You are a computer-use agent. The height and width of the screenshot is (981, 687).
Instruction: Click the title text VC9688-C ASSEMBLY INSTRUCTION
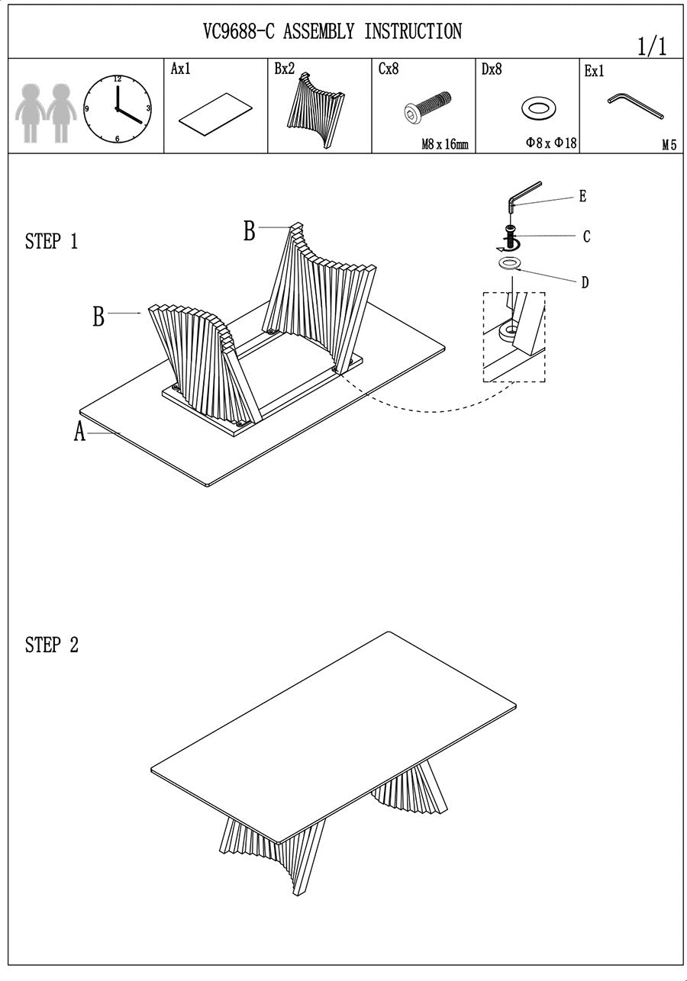click(x=332, y=32)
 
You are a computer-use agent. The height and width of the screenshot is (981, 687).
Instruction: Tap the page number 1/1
click(x=652, y=47)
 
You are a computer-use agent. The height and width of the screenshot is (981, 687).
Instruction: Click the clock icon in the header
click(x=117, y=109)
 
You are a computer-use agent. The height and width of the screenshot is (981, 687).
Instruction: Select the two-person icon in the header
click(x=45, y=112)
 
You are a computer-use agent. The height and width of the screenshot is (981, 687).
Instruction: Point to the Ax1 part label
click(x=180, y=69)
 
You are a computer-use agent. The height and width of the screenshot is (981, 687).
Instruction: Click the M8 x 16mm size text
click(x=444, y=144)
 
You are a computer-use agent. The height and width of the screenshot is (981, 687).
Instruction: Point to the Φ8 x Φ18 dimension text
click(x=551, y=143)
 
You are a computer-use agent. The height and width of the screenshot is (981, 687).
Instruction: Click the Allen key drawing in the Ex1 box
click(x=635, y=106)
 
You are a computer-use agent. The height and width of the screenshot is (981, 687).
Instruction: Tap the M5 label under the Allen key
click(x=669, y=145)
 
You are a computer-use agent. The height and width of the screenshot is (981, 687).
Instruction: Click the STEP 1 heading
click(x=51, y=242)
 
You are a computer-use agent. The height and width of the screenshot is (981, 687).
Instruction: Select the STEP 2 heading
click(x=51, y=645)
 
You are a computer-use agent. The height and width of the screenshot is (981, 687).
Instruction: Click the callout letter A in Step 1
click(x=79, y=433)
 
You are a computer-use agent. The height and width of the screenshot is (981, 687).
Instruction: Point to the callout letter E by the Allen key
click(x=582, y=197)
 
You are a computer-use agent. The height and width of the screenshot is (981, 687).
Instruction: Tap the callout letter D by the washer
click(x=585, y=283)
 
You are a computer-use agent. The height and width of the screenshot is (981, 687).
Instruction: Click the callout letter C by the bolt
click(x=586, y=237)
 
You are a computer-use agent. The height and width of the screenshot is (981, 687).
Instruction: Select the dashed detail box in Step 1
click(x=514, y=336)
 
